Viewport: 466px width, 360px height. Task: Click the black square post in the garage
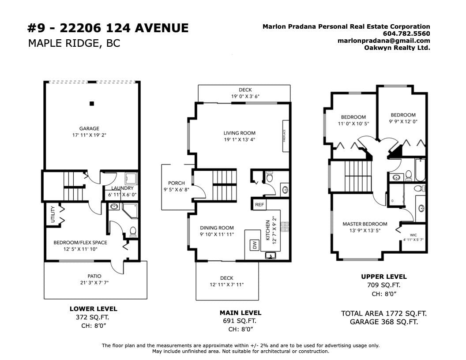(92, 104)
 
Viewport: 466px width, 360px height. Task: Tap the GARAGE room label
(89, 129)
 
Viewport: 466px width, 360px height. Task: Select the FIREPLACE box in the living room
(286, 136)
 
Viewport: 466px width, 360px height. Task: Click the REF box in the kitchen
(259, 205)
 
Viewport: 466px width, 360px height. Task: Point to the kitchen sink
(271, 255)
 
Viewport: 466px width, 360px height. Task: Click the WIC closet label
(413, 235)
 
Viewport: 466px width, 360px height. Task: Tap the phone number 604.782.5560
(406, 34)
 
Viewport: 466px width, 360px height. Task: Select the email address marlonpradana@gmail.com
(383, 41)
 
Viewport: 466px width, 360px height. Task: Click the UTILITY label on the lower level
(53, 214)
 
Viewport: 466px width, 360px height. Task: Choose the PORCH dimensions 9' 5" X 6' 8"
(176, 190)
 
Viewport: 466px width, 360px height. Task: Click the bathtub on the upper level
(420, 170)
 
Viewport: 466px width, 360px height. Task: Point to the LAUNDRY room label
(122, 188)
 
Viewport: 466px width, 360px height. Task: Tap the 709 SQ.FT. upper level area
(383, 285)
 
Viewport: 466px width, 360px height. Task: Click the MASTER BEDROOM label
(365, 224)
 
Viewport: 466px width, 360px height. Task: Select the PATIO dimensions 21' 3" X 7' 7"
(94, 282)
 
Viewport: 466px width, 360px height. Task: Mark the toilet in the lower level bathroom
(133, 232)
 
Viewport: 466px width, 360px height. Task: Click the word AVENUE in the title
(162, 28)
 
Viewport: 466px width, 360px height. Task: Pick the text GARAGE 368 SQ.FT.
(383, 322)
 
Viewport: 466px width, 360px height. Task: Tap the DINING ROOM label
(217, 228)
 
